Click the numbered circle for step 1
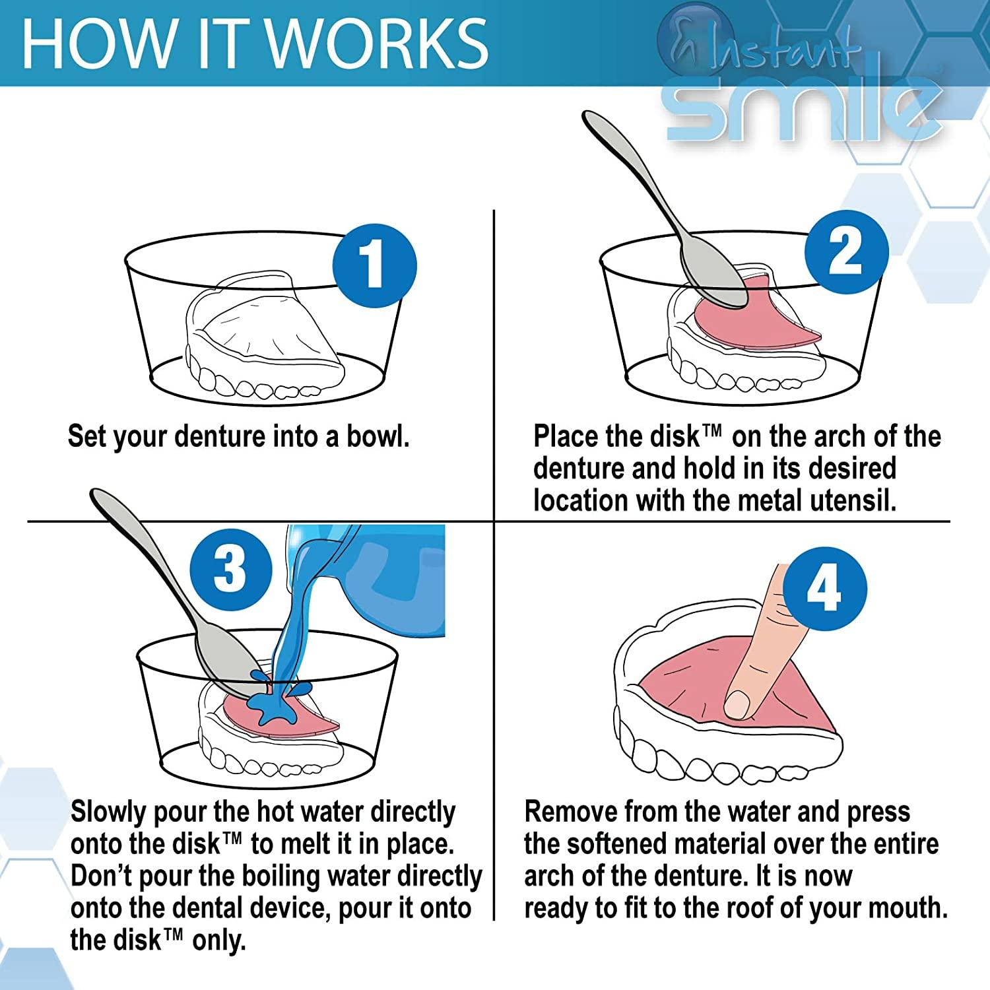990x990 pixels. [374, 265]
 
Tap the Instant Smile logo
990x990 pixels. [802, 86]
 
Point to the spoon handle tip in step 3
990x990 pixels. [99, 496]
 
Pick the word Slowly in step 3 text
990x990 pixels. [108, 812]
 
